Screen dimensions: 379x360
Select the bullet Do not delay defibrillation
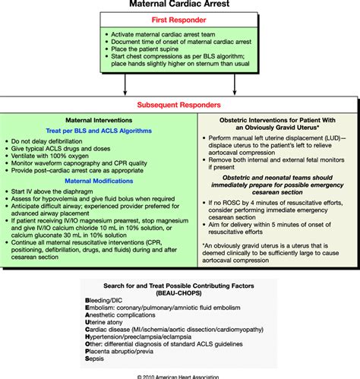click(57, 142)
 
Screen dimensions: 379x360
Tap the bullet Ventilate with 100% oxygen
click(58, 159)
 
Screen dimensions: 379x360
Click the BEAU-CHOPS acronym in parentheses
click(180, 291)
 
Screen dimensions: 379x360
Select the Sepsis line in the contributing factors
click(102, 361)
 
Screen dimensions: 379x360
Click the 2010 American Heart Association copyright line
click(180, 374)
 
